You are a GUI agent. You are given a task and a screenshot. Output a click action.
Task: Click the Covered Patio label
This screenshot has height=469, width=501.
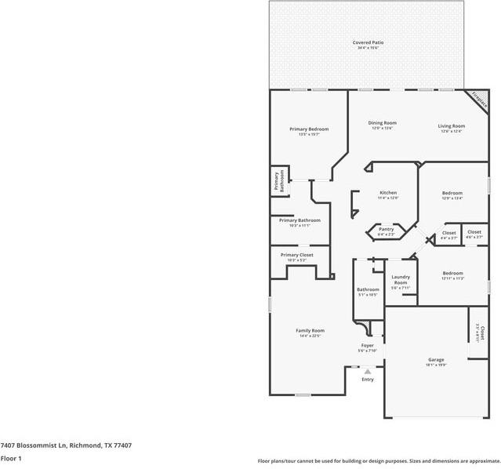pos(367,42)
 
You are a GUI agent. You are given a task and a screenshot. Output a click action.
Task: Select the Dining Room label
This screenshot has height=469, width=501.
pos(383,122)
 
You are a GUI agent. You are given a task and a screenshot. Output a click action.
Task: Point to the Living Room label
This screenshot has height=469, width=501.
pos(451,126)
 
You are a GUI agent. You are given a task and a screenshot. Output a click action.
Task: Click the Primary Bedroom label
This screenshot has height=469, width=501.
pos(308,129)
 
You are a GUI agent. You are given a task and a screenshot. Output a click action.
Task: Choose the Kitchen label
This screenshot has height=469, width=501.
pos(388,192)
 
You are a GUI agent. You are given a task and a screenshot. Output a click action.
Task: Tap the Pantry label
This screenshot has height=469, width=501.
pos(386,229)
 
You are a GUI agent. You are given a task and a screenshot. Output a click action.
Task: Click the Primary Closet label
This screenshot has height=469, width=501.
pos(296,255)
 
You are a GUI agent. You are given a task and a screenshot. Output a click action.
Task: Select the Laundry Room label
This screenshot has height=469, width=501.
pos(401,279)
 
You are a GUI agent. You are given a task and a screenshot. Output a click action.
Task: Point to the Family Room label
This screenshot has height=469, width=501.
pos(310,330)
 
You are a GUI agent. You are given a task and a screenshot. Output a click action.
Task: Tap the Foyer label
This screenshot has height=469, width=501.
pos(367,345)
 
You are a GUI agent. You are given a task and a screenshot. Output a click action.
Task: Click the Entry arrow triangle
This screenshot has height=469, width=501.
pos(367,371)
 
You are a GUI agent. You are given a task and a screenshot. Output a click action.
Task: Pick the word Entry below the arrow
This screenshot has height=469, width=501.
pos(368,380)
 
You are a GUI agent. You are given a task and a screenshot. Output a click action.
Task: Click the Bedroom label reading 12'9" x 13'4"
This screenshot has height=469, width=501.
pos(452,193)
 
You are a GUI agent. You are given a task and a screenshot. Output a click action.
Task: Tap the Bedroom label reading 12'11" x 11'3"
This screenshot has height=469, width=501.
pos(452,273)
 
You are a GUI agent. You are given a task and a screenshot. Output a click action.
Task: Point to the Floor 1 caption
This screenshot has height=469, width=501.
pos(11,458)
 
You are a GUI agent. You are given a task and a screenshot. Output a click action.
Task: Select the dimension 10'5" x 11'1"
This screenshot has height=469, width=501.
pos(300,226)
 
